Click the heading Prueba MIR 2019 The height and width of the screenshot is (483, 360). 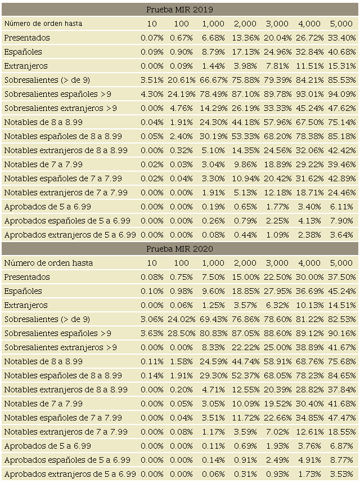click(179, 10)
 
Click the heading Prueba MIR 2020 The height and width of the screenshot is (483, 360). click(179, 249)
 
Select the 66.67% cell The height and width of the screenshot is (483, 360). click(213, 80)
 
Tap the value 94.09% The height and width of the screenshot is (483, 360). click(342, 94)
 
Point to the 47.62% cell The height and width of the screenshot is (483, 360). click(342, 108)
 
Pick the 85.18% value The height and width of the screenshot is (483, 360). click(342, 136)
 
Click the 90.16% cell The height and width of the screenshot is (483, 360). click(342, 333)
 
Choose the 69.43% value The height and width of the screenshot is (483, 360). click(213, 319)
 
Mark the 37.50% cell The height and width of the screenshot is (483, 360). click(342, 277)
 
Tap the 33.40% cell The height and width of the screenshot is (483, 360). click(342, 38)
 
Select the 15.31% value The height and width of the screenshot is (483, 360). click(342, 66)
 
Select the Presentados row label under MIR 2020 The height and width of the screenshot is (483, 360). click(27, 277)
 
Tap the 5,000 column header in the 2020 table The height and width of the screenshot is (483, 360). click(341, 263)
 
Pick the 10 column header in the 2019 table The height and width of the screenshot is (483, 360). click(152, 24)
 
